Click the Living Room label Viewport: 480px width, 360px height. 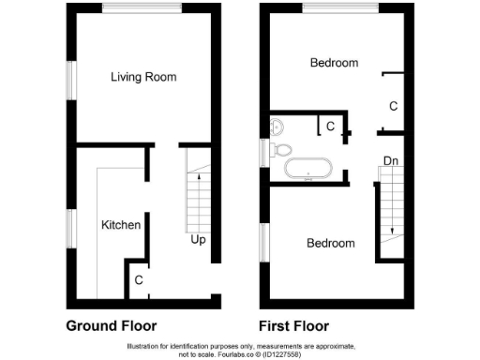(x=143, y=77)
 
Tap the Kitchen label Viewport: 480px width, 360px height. (x=121, y=225)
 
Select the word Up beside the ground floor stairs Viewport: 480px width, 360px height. (x=198, y=240)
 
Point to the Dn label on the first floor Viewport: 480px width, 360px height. (x=390, y=162)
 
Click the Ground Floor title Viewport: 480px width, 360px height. (x=111, y=326)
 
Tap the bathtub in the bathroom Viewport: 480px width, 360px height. (x=307, y=170)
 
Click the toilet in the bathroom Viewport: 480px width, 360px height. (x=280, y=149)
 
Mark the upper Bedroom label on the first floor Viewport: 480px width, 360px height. (x=335, y=63)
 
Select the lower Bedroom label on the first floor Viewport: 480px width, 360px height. (x=331, y=244)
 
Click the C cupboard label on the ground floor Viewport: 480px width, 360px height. (x=138, y=279)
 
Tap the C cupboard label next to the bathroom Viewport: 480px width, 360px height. (x=330, y=125)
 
